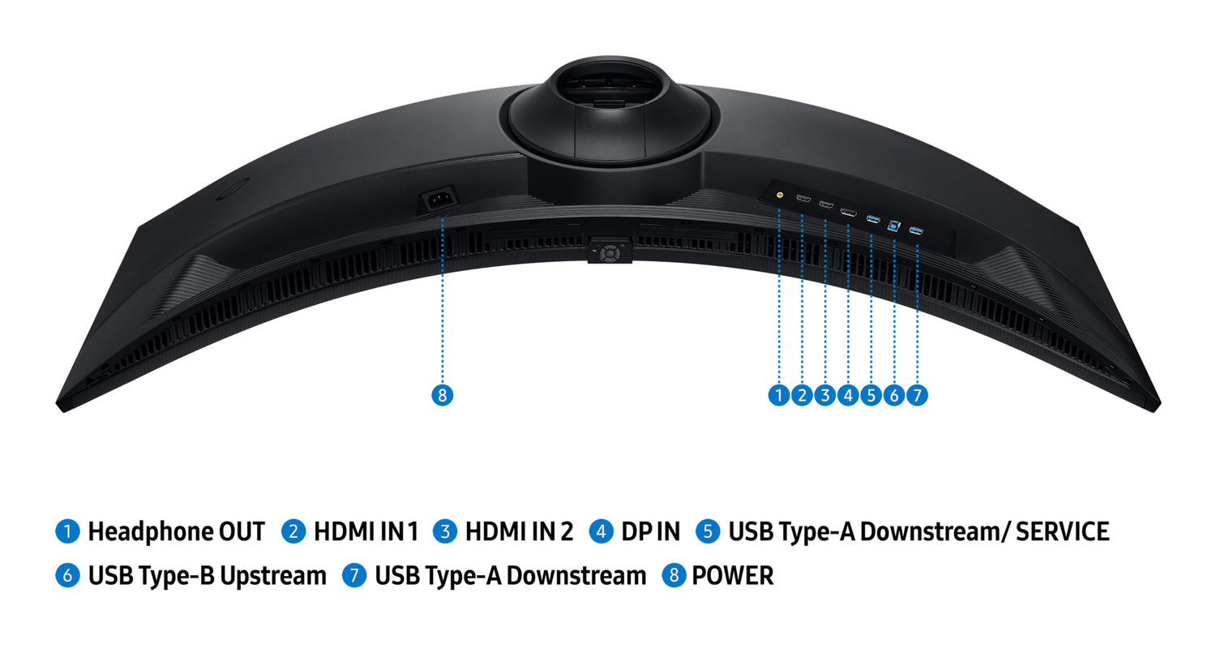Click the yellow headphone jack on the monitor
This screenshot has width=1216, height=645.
[x=780, y=195]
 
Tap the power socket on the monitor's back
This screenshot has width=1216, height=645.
[x=439, y=201]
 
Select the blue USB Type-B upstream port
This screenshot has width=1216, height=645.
[x=894, y=225]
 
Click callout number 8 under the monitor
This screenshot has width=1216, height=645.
[x=443, y=395]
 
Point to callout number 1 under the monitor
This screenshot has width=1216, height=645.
[x=779, y=395]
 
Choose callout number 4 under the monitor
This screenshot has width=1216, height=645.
[x=848, y=395]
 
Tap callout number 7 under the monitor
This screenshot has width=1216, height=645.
[x=917, y=395]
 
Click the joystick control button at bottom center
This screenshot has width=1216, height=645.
[x=610, y=252]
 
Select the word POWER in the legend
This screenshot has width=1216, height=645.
[x=733, y=575]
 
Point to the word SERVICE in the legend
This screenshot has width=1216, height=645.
[x=1062, y=531]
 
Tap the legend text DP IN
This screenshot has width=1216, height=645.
[x=650, y=531]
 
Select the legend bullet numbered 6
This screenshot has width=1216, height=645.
[x=67, y=575]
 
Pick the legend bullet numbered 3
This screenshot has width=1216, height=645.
[x=444, y=531]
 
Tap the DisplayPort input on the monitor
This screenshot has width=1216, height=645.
[x=849, y=212]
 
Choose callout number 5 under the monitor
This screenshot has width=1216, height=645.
[x=871, y=395]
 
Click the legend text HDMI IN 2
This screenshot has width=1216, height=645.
[x=519, y=531]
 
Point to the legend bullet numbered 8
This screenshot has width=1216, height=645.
[x=674, y=575]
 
